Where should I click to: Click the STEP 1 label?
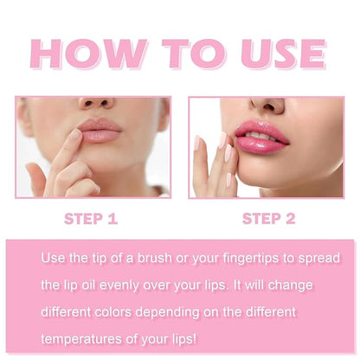tap(93, 219)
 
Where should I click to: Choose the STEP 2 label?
tap(271, 219)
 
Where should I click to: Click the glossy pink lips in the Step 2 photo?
tap(260, 134)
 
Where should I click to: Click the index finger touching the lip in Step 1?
tap(69, 147)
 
